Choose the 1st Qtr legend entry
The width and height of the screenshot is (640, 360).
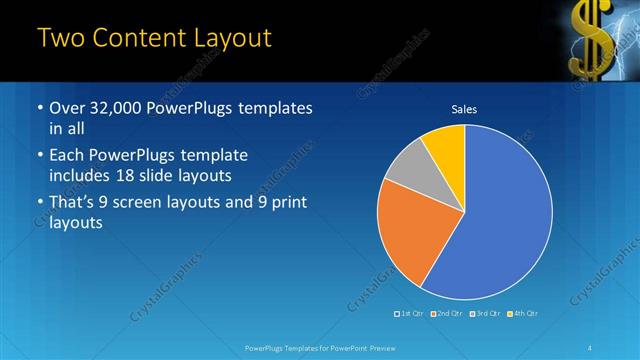coord(411,314)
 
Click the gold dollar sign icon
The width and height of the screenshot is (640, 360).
coord(588,38)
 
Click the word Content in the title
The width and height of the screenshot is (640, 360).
coord(135,39)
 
